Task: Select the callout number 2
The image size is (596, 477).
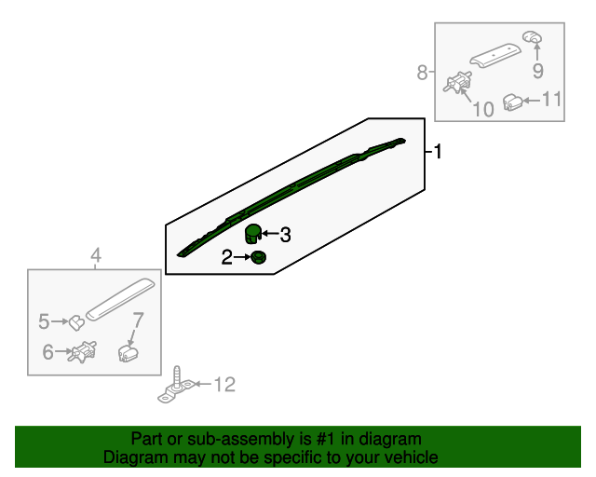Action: point(226,257)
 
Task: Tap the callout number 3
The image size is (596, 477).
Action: point(285,236)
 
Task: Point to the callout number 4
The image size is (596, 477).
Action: point(94,256)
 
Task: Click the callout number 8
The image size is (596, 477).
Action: point(422,72)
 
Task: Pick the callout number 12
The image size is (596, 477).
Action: point(225,384)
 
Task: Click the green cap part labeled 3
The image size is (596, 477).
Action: point(252,233)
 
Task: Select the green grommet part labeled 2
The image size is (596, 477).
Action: point(258,257)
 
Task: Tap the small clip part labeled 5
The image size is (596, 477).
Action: point(76,322)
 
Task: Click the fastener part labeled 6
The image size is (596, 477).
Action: point(85,352)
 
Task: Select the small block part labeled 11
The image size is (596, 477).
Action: point(512,101)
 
